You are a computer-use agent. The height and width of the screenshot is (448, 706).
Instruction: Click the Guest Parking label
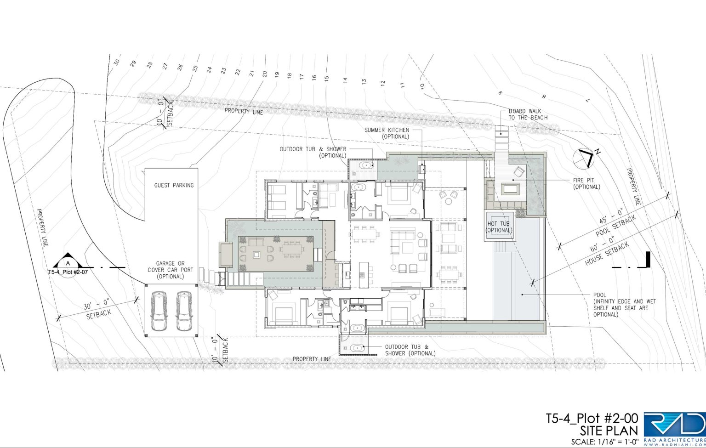[x=174, y=185]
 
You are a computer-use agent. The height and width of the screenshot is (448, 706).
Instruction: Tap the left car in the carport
[x=159, y=311]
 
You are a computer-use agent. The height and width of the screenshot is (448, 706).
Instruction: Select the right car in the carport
[x=184, y=311]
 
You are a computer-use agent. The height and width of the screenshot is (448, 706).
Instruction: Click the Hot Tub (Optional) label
[x=499, y=227]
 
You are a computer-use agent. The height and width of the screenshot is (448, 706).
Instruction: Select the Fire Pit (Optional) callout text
[x=586, y=183]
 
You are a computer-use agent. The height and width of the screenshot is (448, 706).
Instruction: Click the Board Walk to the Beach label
[x=528, y=114]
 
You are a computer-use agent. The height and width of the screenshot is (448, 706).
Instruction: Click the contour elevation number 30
[x=117, y=62]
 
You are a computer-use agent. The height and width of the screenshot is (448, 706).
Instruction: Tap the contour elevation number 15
[x=326, y=78]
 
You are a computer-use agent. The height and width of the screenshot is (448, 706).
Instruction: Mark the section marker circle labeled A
[x=68, y=263]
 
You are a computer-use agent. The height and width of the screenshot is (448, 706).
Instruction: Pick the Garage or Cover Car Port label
[x=170, y=270]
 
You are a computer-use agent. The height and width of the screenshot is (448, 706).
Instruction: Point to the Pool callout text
[x=624, y=305]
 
